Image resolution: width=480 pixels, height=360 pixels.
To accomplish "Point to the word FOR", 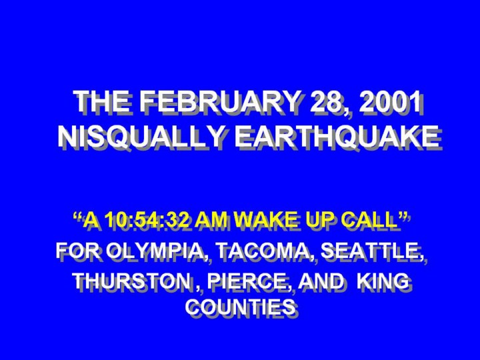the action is click(78, 251).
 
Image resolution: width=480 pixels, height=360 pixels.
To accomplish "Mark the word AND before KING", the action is click(321, 281).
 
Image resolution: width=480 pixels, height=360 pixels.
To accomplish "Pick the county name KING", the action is click(383, 281).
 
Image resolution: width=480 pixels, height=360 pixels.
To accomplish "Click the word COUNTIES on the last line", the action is click(241, 307).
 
